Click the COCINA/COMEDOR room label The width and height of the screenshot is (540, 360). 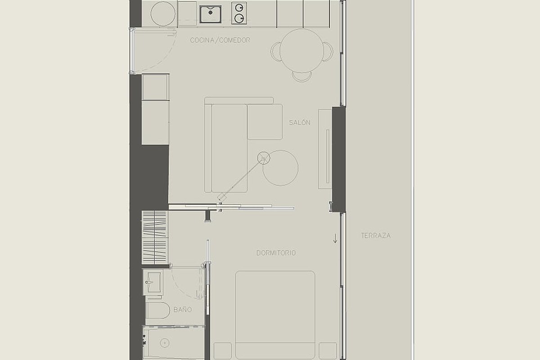click(x=220, y=40)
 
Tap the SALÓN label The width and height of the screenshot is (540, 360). click(x=300, y=122)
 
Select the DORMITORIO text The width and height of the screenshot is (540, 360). click(x=276, y=253)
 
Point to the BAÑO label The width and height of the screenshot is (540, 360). click(x=183, y=309)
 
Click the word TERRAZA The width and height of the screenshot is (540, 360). click(x=376, y=236)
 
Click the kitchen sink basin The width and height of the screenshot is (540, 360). click(x=211, y=14)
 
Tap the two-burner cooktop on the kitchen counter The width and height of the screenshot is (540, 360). click(x=239, y=13)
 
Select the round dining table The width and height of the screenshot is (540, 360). click(x=301, y=51)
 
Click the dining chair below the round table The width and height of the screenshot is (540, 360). click(x=301, y=76)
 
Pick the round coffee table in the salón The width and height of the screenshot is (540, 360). click(x=280, y=168)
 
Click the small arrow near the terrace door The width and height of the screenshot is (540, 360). click(x=335, y=238)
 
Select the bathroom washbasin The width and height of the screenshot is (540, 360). click(x=153, y=282)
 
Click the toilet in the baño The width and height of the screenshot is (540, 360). click(x=158, y=310)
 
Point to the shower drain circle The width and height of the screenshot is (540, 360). click(x=165, y=343)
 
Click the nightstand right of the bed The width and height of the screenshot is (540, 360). click(x=328, y=351)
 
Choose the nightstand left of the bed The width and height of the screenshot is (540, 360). click(x=222, y=351)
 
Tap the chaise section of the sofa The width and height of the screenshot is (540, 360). click(x=265, y=122)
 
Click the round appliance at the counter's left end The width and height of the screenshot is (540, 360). click(x=163, y=14)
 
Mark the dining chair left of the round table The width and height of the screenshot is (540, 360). click(x=275, y=52)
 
